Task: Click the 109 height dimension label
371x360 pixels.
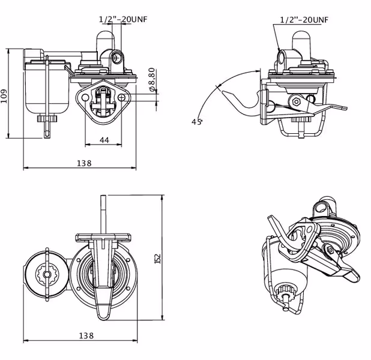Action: pos(4,96)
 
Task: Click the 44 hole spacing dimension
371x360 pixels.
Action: pos(104,140)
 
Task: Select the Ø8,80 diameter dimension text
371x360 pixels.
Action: pos(152,79)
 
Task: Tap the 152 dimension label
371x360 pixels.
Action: pos(157,259)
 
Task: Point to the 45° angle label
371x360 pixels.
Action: pos(197,122)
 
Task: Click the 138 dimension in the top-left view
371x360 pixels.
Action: pos(84,163)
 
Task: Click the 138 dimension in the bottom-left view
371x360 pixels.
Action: pos(86,335)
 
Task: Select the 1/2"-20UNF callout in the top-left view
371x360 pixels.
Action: pos(123,19)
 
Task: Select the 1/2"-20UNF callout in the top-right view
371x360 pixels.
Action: pos(304,20)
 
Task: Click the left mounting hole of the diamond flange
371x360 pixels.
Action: pos(85,97)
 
